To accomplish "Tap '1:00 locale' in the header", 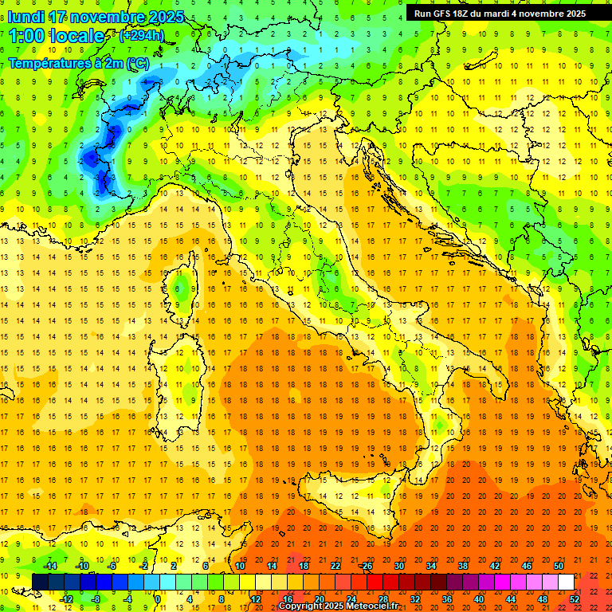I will click(x=57, y=36).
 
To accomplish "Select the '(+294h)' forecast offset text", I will click(x=142, y=36).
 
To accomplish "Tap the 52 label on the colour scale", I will click(x=575, y=599).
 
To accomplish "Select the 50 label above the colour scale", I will click(x=559, y=566).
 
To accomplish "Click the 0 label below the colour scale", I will click(x=158, y=599).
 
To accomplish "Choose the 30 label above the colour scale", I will click(x=399, y=566).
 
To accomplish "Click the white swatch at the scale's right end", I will click(x=567, y=583).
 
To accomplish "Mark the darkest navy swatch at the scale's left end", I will click(x=40, y=583).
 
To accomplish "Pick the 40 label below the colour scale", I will click(x=479, y=599).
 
